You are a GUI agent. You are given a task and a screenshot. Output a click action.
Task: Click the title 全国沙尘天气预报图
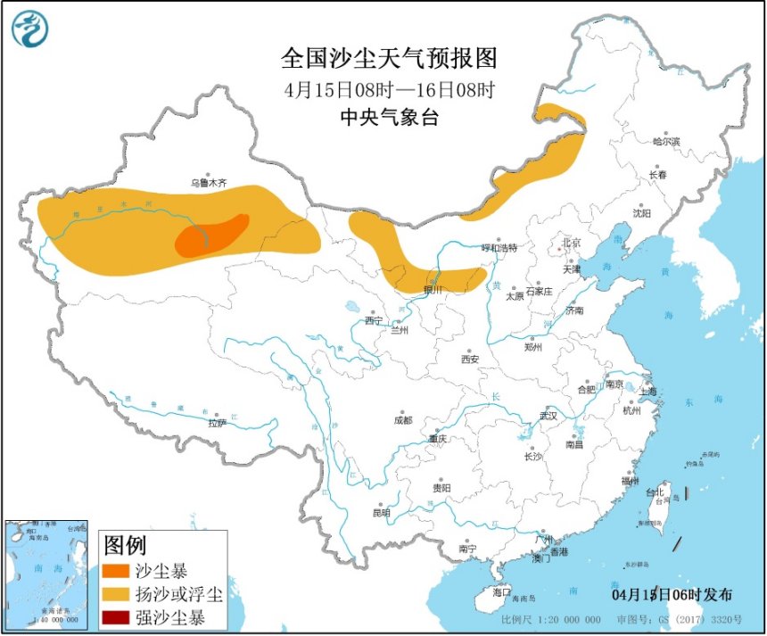[x=389, y=59]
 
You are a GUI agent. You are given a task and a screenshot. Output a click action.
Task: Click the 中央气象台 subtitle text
[x=389, y=117]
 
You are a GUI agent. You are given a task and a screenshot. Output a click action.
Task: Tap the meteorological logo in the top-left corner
[x=30, y=29]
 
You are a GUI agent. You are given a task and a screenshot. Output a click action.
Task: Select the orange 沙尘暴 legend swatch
[x=117, y=570]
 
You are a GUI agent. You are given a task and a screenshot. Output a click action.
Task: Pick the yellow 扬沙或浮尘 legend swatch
[x=117, y=593]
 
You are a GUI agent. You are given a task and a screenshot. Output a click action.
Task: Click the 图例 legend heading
[x=125, y=544]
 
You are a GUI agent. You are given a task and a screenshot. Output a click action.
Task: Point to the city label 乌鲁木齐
[x=209, y=183]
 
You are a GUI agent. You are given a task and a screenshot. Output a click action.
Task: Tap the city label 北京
[x=570, y=243]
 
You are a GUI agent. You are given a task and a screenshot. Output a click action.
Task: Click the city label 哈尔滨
[x=665, y=142]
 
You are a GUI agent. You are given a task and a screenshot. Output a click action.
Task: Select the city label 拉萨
[x=218, y=424]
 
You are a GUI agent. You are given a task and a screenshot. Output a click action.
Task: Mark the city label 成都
[x=403, y=420]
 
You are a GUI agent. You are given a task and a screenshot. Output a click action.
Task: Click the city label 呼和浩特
[x=499, y=247]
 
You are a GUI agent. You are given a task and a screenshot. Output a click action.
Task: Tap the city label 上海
[x=647, y=391]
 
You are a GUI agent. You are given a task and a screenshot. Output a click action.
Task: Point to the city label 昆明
[x=382, y=513]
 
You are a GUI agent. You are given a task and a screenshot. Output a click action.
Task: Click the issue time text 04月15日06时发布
[x=672, y=595]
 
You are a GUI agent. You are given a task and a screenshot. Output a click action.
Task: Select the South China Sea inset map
[x=47, y=574]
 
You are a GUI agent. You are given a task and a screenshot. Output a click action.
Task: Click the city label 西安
[x=470, y=359]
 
